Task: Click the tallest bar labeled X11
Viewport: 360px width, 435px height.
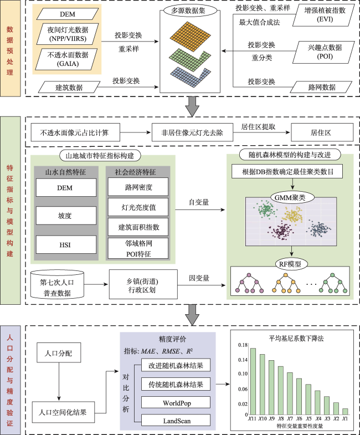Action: (x=253, y=381)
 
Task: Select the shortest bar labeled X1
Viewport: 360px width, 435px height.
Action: (x=345, y=412)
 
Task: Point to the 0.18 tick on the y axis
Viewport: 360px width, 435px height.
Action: (x=243, y=345)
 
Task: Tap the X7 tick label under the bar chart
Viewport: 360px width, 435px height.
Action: (x=290, y=418)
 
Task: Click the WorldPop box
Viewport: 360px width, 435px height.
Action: (x=176, y=402)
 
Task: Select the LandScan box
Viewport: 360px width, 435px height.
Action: (x=176, y=421)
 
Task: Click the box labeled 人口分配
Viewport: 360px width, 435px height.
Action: (x=59, y=352)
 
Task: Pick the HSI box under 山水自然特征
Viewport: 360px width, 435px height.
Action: (x=66, y=244)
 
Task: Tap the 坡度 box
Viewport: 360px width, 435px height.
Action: (x=66, y=215)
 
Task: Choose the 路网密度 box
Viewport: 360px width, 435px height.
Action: (x=138, y=187)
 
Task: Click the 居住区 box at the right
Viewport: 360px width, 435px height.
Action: (x=322, y=132)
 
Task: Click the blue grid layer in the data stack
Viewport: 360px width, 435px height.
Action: (x=191, y=76)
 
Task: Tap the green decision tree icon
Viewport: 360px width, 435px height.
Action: (x=333, y=283)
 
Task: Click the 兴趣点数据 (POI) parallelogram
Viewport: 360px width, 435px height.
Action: (x=323, y=52)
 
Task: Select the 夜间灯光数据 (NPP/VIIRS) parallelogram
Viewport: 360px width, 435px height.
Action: (x=68, y=34)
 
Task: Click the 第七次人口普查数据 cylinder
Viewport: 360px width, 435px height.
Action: (x=57, y=284)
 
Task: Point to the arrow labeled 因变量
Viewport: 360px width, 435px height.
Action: (x=202, y=285)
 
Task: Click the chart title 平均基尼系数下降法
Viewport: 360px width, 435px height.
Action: (x=296, y=338)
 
